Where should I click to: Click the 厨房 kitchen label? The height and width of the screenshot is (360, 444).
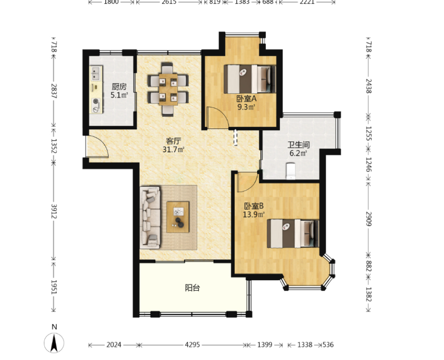pyautogui.click(x=119, y=86)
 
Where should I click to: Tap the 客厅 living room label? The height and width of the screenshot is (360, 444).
pyautogui.click(x=173, y=141)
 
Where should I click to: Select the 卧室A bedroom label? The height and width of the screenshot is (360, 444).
pyautogui.click(x=246, y=99)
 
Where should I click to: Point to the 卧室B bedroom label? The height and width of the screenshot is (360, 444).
pyautogui.click(x=254, y=206)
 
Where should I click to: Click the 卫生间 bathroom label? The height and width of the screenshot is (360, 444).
pyautogui.click(x=299, y=145)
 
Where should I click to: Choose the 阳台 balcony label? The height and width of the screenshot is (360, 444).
pyautogui.click(x=193, y=288)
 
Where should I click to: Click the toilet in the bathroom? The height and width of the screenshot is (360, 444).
pyautogui.click(x=291, y=171)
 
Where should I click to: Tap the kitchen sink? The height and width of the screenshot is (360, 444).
pyautogui.click(x=96, y=73)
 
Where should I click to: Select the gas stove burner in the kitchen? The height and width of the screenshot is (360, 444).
pyautogui.click(x=96, y=101)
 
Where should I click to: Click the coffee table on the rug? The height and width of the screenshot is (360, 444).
pyautogui.click(x=178, y=217)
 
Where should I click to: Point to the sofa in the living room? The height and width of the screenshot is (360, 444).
pyautogui.click(x=150, y=217)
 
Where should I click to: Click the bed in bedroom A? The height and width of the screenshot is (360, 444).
pyautogui.click(x=250, y=79)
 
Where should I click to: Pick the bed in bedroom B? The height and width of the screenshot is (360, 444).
pyautogui.click(x=293, y=233)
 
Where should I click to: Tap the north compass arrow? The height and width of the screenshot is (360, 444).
pyautogui.click(x=54, y=342)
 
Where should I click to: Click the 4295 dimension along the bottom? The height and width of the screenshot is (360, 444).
pyautogui.click(x=192, y=345)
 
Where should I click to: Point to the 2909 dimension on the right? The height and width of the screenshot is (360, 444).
pyautogui.click(x=368, y=219)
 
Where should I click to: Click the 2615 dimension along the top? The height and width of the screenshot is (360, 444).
pyautogui.click(x=169, y=2)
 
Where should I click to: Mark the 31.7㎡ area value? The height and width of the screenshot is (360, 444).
pyautogui.click(x=173, y=149)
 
